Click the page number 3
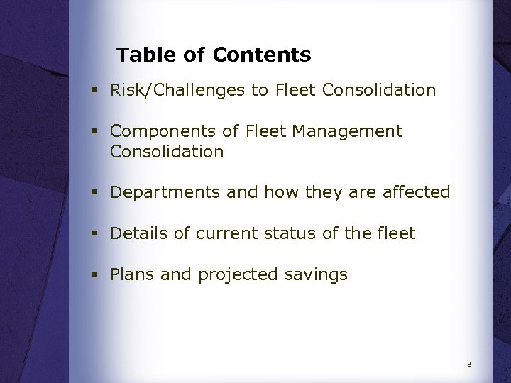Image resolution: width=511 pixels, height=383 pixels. pyautogui.click(x=469, y=365)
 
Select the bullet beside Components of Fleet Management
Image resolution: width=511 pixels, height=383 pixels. pyautogui.click(x=94, y=132)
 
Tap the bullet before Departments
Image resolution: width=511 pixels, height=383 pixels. pyautogui.click(x=94, y=193)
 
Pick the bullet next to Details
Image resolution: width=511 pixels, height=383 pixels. pyautogui.click(x=94, y=233)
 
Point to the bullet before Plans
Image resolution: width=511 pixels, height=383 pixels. pyautogui.click(x=94, y=275)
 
